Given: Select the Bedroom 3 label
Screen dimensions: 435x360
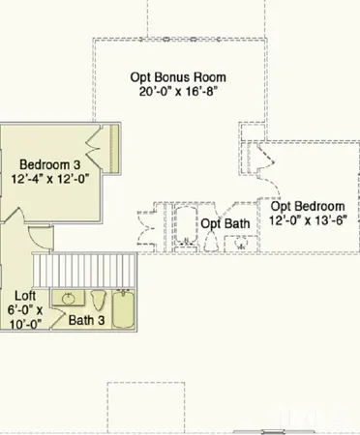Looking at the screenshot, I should click(50, 163).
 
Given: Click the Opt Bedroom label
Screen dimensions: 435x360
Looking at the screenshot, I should click(308, 206).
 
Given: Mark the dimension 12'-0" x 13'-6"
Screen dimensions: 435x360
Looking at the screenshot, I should click(308, 220).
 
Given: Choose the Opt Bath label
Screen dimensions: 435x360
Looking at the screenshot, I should click(225, 223).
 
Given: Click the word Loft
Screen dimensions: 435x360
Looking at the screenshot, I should click(27, 296).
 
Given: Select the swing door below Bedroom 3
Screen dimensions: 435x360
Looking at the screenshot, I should click(35, 235).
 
